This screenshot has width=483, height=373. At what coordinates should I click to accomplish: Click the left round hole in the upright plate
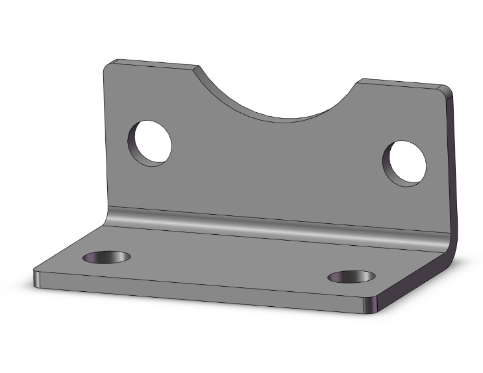tap(151, 143)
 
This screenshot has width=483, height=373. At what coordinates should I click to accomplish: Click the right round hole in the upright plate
tap(405, 162)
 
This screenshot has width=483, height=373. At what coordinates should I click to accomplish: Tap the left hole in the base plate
tap(107, 257)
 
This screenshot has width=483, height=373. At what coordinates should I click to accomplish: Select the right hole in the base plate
tap(352, 276)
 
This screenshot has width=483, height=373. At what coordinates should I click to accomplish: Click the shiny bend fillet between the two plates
tap(273, 224)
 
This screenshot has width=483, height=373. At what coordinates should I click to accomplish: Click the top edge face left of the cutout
tap(156, 64)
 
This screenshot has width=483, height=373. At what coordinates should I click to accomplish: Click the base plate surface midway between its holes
tap(227, 263)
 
